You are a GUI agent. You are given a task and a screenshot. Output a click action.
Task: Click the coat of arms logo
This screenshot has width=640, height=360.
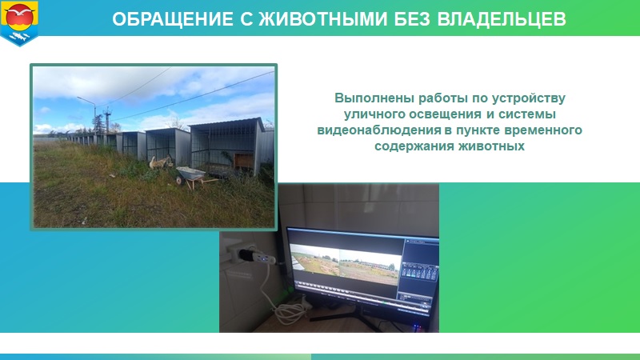pos(19,23)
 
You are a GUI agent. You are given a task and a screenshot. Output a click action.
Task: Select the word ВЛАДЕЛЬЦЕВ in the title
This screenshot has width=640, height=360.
pos(502,19)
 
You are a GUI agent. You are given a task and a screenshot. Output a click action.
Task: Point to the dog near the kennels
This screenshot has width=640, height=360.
pos(159,162)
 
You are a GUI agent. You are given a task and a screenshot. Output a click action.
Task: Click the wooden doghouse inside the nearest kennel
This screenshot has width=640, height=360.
pos(244,161)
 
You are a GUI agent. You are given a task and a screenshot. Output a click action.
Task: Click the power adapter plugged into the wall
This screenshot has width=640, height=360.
pos(253,257)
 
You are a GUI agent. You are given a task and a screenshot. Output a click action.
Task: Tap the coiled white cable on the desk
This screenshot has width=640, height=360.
pos(290,311)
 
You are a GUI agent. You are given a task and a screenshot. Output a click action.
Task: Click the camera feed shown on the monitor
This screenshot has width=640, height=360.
pos(346,264)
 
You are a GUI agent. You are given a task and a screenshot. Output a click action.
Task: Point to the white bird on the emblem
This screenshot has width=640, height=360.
pos(19,11)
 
